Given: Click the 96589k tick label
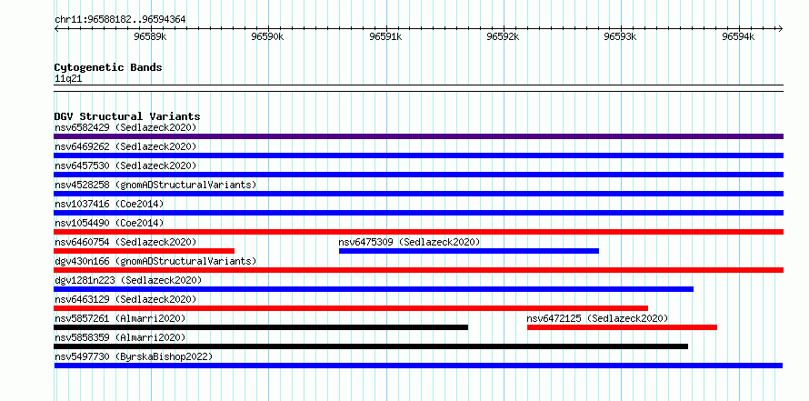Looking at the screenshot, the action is point(150,36).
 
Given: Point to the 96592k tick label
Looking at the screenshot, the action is point(503,36).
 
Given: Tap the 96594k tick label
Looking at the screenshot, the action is point(738,36).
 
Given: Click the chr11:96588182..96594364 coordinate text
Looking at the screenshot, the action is point(120,20).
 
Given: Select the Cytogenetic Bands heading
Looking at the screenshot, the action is point(108,67).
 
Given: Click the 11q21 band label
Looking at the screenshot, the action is point(68,79).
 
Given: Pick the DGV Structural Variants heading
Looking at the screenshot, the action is point(127,116).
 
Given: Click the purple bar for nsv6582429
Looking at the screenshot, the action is point(418,136).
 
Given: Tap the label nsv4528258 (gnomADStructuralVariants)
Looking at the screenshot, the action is point(155,185).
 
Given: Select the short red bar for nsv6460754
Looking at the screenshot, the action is point(144,251).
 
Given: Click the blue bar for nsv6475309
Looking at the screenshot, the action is point(469,251).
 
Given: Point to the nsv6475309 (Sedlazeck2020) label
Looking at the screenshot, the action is point(409,242).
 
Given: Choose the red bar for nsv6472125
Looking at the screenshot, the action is point(623,327).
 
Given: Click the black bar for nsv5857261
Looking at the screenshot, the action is point(261,327).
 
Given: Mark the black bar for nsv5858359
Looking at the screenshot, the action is point(371,346).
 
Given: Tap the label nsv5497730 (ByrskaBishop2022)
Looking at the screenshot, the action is point(134,356).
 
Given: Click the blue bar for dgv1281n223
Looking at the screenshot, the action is point(374,289).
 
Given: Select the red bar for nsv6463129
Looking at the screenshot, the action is point(351,308).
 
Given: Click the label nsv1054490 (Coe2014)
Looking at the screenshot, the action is point(109,223).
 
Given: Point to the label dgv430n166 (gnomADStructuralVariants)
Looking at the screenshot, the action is point(155,261).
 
